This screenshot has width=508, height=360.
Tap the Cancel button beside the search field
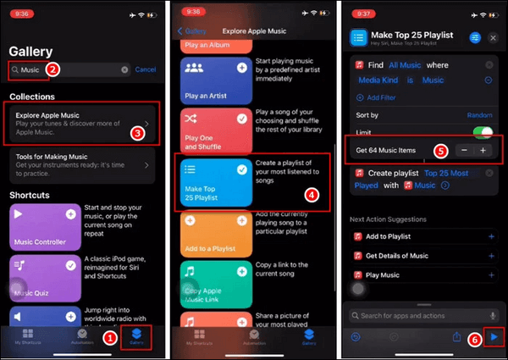(146, 69)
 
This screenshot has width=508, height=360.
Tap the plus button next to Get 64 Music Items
(483, 150)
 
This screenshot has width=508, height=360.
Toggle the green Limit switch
(483, 132)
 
